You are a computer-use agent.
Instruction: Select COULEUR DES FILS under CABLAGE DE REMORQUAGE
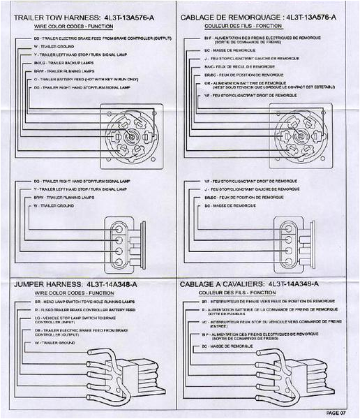click(238, 24)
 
